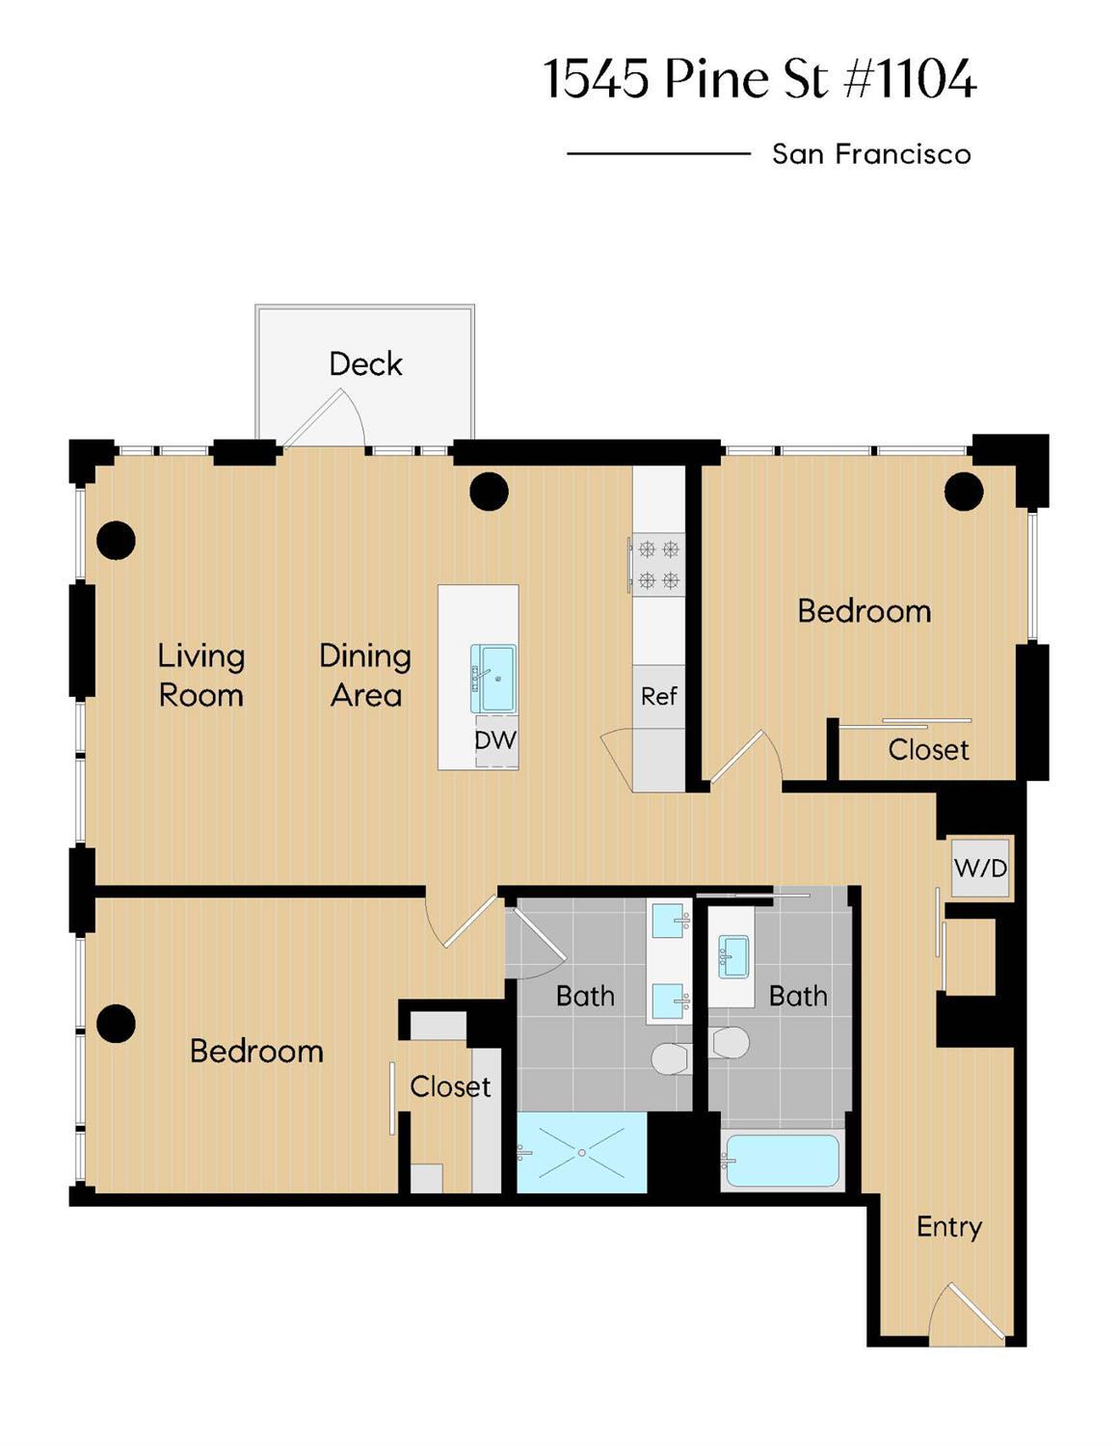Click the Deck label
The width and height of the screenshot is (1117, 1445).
[365, 364]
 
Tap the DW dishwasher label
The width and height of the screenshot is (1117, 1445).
[495, 741]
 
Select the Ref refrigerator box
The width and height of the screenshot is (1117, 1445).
[659, 696]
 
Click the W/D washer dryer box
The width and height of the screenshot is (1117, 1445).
[980, 868]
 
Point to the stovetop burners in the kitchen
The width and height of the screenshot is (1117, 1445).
[658, 565]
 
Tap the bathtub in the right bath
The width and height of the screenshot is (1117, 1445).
[782, 1161]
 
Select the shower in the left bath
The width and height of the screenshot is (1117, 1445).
[582, 1153]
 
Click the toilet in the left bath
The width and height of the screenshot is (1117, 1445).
[671, 1057]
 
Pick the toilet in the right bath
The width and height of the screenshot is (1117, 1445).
[730, 1042]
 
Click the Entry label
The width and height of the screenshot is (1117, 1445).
[949, 1227]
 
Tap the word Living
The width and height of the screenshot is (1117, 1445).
[200, 656]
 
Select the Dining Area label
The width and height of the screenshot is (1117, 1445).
[365, 675]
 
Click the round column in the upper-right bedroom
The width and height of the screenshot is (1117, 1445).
[964, 492]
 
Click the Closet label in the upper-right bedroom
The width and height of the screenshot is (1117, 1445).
[928, 750]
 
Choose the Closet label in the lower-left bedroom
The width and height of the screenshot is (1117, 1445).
[450, 1087]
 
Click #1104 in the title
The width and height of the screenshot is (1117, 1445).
[911, 79]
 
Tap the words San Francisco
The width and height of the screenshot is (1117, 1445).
[871, 154]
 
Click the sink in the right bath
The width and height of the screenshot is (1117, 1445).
[733, 955]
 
